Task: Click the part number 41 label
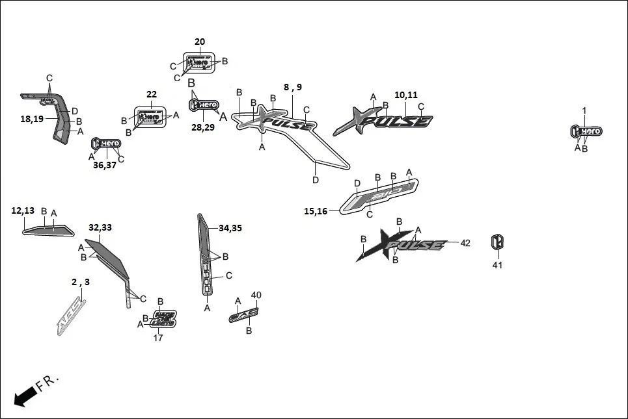pos(498,264)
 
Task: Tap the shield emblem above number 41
pos(498,243)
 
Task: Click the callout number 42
pos(465,243)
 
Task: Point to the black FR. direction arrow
pos(25,394)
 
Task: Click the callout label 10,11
pos(405,95)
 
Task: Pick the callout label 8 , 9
pos(293,87)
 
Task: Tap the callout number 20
pos(199,42)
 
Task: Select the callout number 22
pos(152,94)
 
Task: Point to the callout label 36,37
pos(104,164)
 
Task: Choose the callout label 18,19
pos(31,119)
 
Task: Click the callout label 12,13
pos(23,210)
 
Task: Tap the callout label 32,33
pos(100,227)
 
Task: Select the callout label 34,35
pos(230,228)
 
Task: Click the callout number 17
pos(158,338)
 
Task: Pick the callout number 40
pos(256,295)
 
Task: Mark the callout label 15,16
pos(316,210)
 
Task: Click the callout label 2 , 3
pos(81,282)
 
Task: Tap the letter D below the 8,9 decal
pos(316,180)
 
